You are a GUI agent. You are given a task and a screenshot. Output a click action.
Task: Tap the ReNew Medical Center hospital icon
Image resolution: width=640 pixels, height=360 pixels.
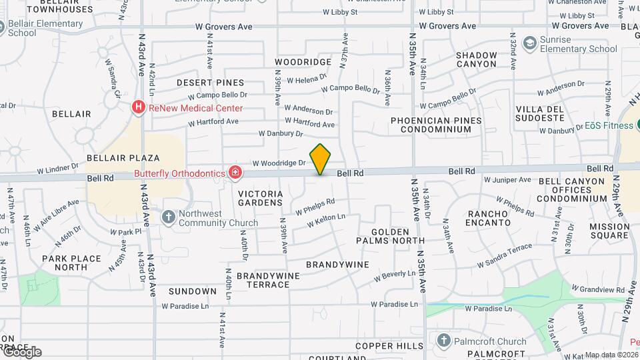139,107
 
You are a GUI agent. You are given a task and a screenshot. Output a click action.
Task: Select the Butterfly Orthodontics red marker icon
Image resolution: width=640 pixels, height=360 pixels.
235,173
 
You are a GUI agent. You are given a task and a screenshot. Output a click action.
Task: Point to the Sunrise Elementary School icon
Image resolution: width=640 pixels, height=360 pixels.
529,43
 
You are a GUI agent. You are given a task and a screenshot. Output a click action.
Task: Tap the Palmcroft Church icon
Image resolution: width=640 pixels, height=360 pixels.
443,341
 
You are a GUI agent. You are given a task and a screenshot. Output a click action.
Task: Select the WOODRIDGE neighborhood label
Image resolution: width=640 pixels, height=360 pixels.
303,62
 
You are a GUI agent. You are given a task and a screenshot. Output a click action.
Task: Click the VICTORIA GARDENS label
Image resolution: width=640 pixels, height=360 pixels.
261,198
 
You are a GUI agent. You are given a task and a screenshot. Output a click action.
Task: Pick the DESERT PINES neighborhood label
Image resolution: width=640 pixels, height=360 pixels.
210,82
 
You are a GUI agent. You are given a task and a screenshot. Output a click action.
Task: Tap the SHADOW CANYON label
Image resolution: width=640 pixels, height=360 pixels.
477,59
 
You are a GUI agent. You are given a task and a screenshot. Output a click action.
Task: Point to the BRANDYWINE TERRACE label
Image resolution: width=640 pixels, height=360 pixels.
263,280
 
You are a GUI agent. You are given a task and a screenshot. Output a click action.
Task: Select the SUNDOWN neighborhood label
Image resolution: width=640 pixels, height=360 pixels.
193,291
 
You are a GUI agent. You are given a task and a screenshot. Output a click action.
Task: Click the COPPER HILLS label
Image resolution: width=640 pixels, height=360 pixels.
389,346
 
